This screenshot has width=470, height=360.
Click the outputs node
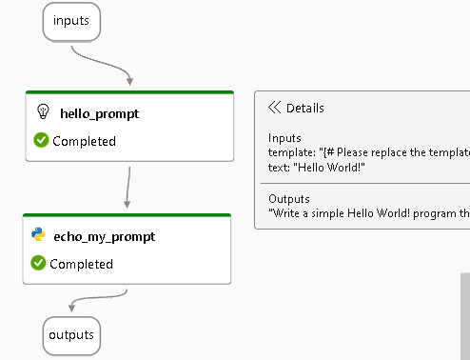71,335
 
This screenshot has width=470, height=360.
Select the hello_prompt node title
99,113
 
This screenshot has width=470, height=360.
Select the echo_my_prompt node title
105,235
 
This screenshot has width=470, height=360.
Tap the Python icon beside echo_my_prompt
39,235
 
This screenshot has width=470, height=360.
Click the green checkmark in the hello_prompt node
41,141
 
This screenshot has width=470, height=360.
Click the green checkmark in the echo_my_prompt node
39,263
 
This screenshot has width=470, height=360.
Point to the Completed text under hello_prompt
84,141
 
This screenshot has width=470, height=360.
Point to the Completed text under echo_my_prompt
81,264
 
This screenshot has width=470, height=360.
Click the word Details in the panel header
304,108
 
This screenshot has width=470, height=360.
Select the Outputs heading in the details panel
287,198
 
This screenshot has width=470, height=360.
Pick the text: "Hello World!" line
317,167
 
